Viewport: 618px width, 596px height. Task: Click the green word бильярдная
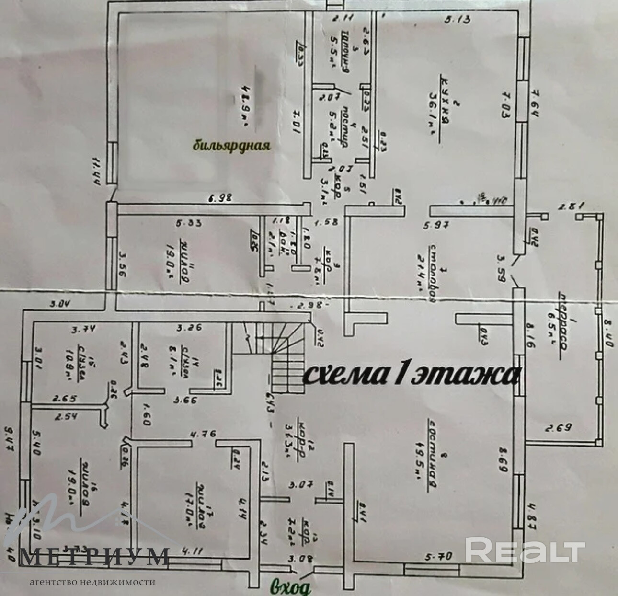[232, 145]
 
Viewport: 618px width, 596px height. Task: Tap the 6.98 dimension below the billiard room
[220, 198]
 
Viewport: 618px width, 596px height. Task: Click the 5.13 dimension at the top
[458, 20]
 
